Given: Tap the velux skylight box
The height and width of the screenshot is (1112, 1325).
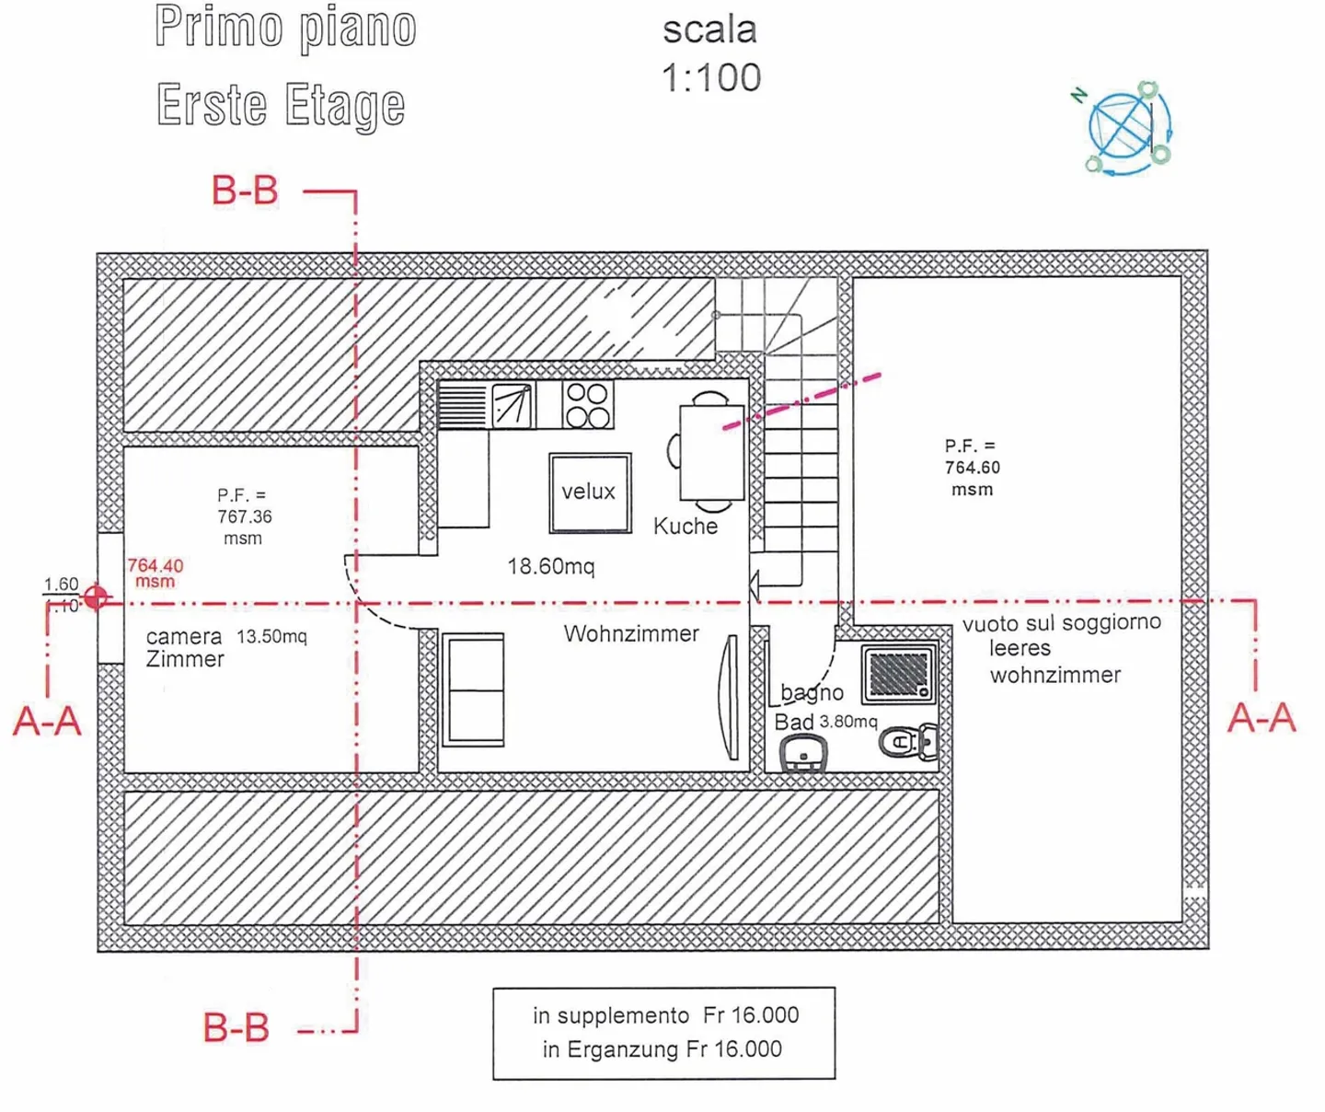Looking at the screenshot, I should click(590, 492).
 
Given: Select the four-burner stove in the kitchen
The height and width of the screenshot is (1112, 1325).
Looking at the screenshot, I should click(587, 405).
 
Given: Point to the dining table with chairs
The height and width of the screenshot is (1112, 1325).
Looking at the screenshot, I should click(710, 452).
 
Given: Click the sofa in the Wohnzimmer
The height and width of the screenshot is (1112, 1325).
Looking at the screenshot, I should click(474, 689).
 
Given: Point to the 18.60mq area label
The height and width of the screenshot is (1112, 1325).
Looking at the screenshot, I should click(551, 566).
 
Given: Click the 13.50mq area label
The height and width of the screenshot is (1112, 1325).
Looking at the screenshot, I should click(271, 636).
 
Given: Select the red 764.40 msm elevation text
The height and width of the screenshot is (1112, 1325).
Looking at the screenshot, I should click(155, 573).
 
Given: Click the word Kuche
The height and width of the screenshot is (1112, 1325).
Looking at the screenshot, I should click(686, 526).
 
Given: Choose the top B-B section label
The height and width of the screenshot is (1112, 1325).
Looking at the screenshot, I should click(245, 191).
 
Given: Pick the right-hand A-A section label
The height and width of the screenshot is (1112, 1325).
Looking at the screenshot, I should click(1262, 718).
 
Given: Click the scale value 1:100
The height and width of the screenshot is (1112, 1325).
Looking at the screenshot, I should click(711, 78).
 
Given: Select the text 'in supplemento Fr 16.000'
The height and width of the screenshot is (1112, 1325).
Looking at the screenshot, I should click(665, 1015).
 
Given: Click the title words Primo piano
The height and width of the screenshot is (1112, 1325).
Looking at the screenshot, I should click(285, 28).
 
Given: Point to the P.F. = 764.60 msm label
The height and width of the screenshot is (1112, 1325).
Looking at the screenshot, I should click(972, 468).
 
